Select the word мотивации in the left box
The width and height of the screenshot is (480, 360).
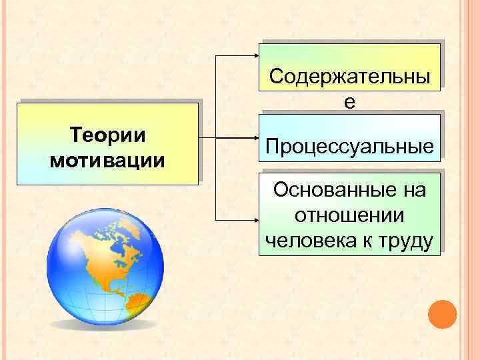click(108, 161)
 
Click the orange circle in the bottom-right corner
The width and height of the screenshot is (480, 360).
click(442, 315)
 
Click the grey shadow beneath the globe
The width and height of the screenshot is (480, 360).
click(107, 327)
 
